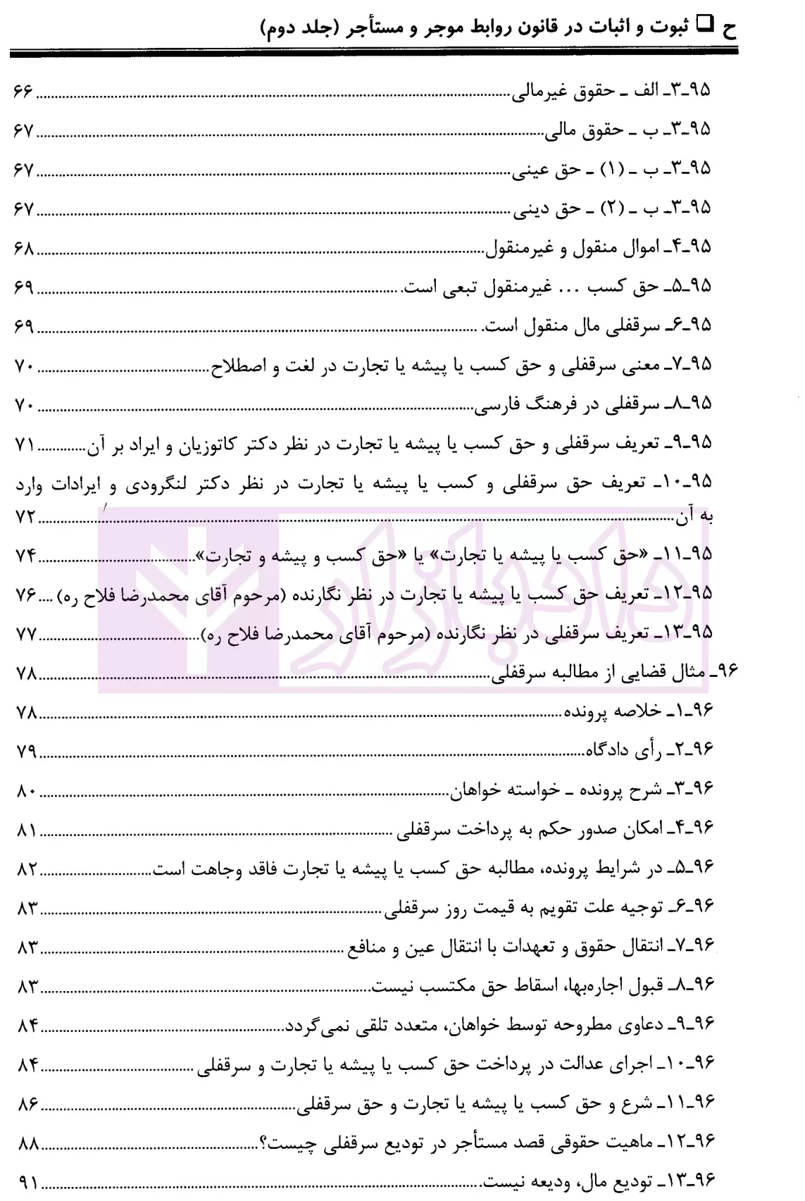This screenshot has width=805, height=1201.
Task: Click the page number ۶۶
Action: pyautogui.click(x=25, y=91)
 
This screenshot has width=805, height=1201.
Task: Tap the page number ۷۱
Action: pyautogui.click(x=25, y=444)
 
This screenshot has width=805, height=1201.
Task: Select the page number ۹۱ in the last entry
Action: pyautogui.click(x=27, y=1181)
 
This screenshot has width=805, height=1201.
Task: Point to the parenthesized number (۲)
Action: pyautogui.click(x=610, y=209)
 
